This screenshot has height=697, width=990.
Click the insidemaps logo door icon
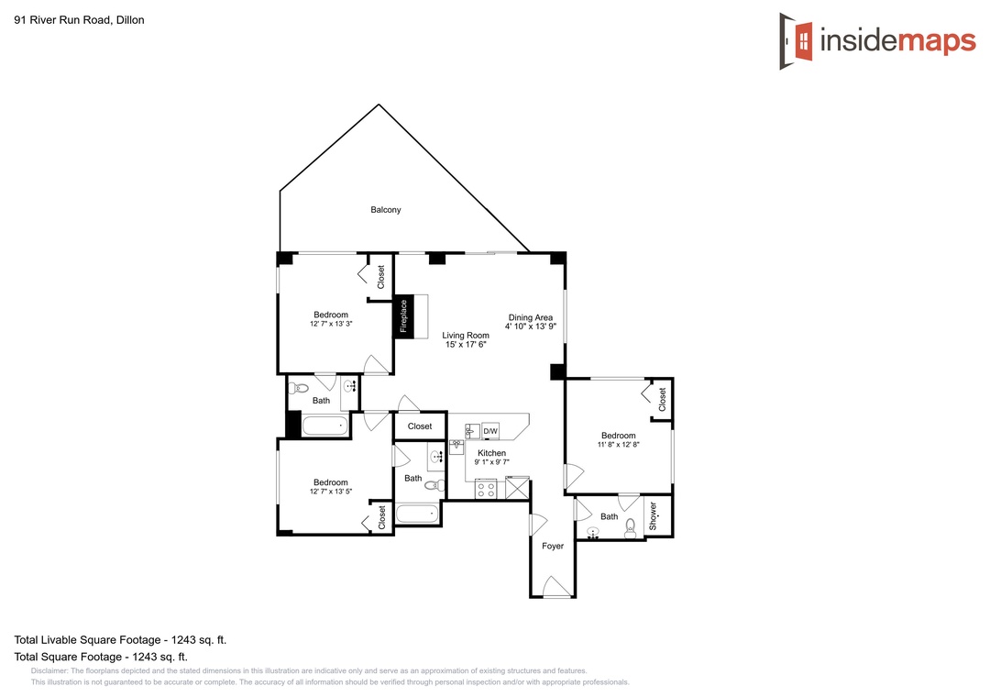pos(797,41)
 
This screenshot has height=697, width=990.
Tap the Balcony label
pos(386,210)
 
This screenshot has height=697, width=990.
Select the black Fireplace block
pos(403,316)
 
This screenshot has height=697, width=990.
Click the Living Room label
pos(466,336)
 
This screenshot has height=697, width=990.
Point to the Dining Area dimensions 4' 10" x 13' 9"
pos(531,326)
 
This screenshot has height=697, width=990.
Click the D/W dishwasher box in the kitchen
pos(490,431)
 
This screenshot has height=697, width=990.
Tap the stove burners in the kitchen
pos(486,489)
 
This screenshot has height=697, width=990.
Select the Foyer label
pos(553,546)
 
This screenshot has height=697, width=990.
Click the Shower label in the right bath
pos(653,516)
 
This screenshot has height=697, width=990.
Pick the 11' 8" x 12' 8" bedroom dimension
pos(619,445)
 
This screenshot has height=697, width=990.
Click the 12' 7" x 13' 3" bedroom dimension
pos(331,324)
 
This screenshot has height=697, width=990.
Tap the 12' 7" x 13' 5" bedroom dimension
pos(331,492)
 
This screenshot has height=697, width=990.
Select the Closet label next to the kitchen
pos(420,426)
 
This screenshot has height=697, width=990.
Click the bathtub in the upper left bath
pos(325,426)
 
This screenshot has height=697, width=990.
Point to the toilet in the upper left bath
pos(299,388)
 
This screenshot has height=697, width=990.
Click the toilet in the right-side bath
pos(630,529)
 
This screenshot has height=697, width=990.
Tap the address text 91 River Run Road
pos(63,19)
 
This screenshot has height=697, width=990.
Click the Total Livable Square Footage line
pos(120,639)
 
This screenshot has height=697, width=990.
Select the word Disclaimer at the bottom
pos(49,671)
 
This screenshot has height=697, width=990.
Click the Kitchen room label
pos(492,453)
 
